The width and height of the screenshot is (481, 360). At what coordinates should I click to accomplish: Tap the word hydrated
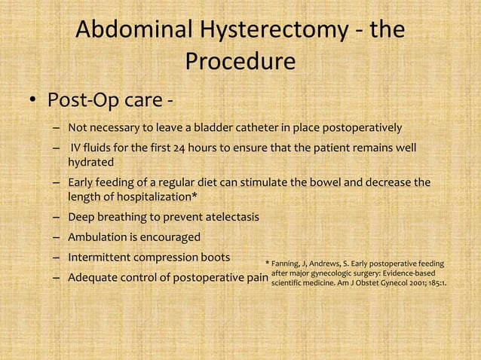tap(91, 162)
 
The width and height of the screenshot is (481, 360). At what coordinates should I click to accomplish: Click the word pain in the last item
tap(256, 277)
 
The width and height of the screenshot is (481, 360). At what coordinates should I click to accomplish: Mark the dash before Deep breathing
tap(57, 218)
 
